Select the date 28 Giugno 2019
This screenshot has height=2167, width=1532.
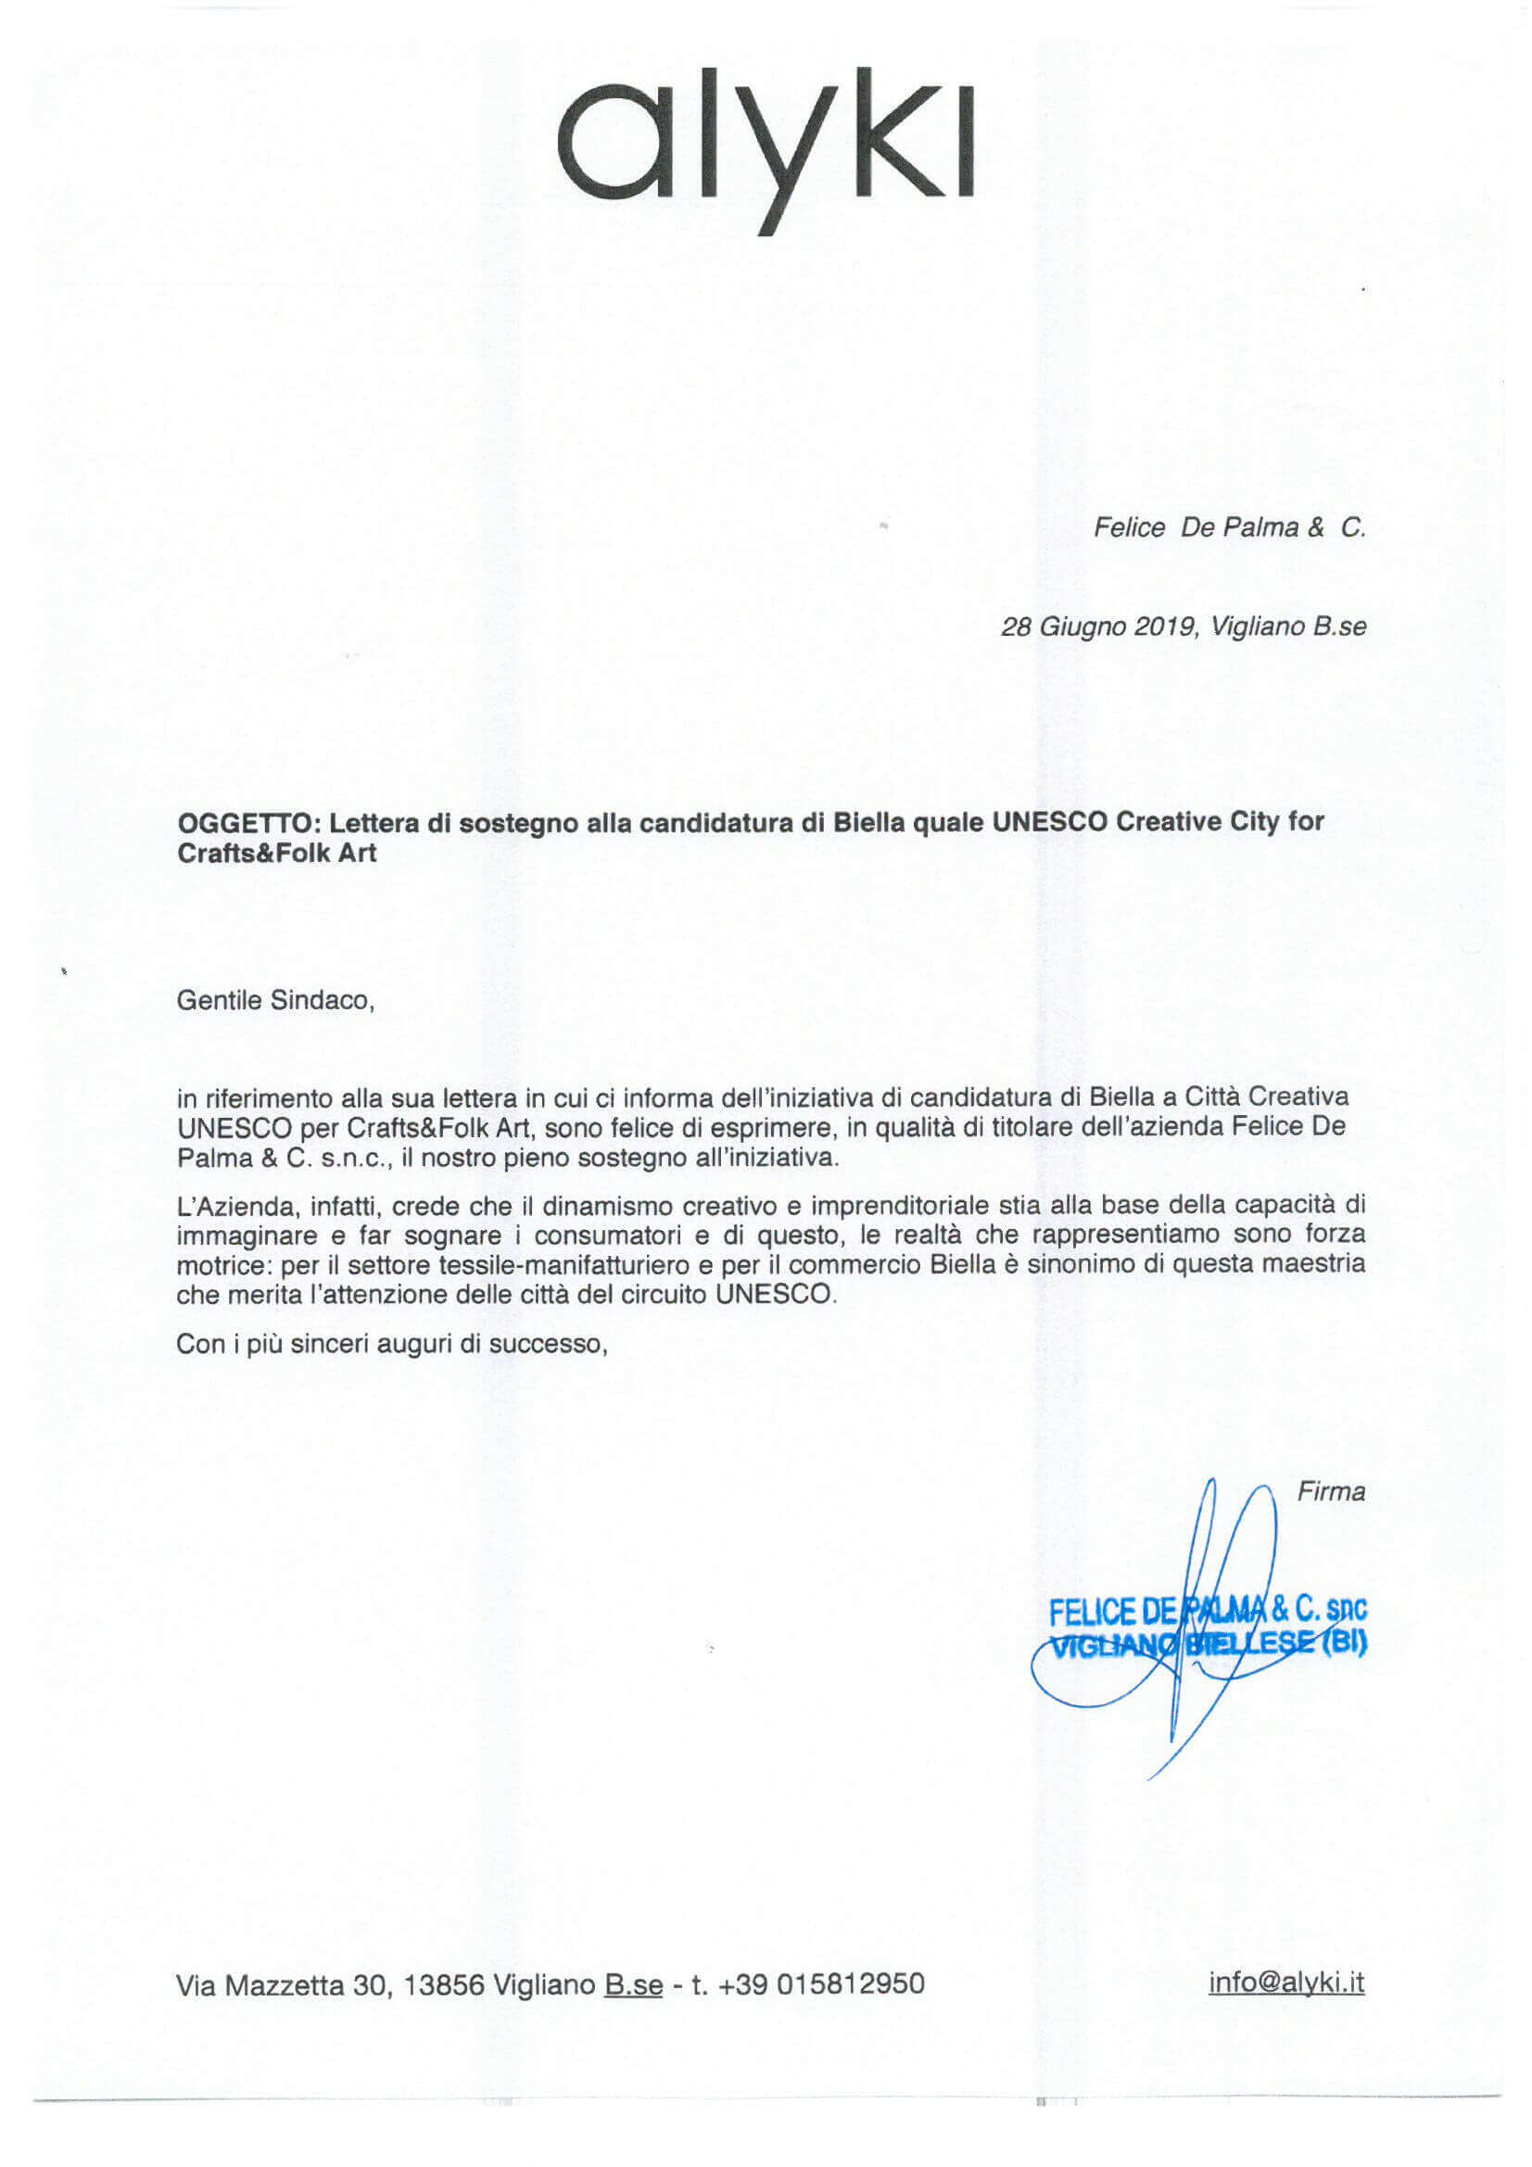pos(1099,627)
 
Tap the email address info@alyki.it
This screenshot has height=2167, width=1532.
pos(1286,1982)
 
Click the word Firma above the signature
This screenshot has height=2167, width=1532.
pos(1331,1491)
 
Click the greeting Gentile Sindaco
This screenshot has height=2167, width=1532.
pos(274,1000)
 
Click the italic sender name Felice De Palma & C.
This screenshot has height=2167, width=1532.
pos(1229,527)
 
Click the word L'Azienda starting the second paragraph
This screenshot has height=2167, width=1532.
pos(222,1205)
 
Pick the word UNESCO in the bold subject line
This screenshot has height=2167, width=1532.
pos(1049,822)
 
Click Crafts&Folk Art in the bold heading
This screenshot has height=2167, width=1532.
pos(276,854)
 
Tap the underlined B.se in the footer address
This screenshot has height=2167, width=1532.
pos(633,1984)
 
